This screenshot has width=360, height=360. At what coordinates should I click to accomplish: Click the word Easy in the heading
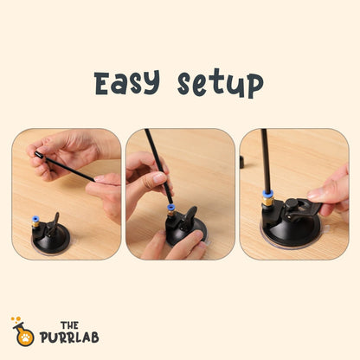(126, 82)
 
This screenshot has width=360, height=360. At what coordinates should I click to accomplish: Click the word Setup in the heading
(220, 83)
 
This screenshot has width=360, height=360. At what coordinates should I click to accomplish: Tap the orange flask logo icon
(23, 331)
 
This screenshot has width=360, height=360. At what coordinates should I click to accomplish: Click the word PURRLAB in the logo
(69, 337)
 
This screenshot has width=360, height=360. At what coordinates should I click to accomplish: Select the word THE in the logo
(69, 325)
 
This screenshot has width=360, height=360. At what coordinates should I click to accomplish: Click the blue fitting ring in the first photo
(35, 219)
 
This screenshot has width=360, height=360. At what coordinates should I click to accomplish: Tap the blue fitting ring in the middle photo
(171, 208)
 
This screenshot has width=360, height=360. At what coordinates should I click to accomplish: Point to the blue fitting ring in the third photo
(267, 194)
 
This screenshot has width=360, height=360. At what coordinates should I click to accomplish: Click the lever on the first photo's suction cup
(54, 224)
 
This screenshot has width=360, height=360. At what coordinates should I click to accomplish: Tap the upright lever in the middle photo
(190, 216)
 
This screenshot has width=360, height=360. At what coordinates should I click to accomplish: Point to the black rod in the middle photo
(158, 166)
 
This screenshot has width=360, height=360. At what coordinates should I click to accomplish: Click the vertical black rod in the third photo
(266, 160)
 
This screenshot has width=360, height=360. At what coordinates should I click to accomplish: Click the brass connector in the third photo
(267, 202)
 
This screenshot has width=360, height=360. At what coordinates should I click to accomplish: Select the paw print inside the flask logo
(26, 337)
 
